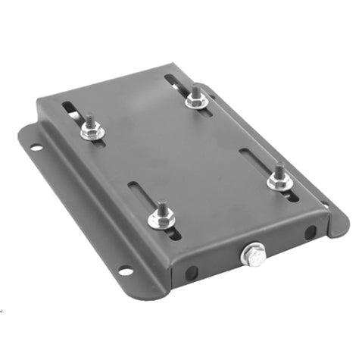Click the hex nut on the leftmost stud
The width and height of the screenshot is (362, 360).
pyautogui.click(x=92, y=133)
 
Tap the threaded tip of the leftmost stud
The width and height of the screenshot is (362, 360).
pyautogui.click(x=89, y=119)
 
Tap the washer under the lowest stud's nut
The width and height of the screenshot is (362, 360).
pyautogui.click(x=162, y=224)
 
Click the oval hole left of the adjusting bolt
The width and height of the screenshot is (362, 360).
pyautogui.click(x=192, y=271)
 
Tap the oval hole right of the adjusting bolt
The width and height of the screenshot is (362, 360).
pyautogui.click(x=310, y=232)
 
